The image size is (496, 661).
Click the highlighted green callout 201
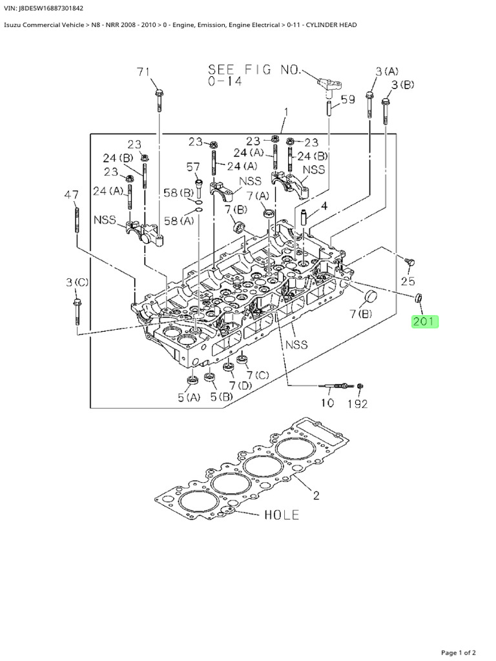pos(425,321)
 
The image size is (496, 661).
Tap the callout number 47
pos(72,194)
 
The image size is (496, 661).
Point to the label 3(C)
pos(77,282)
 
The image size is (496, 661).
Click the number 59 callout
pos(347,100)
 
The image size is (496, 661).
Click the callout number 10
pos(327,403)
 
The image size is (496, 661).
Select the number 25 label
pos(408,281)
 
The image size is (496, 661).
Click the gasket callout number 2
pos(316,496)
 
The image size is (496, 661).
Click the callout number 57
pos(193,167)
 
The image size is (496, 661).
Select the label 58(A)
pos(180,221)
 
